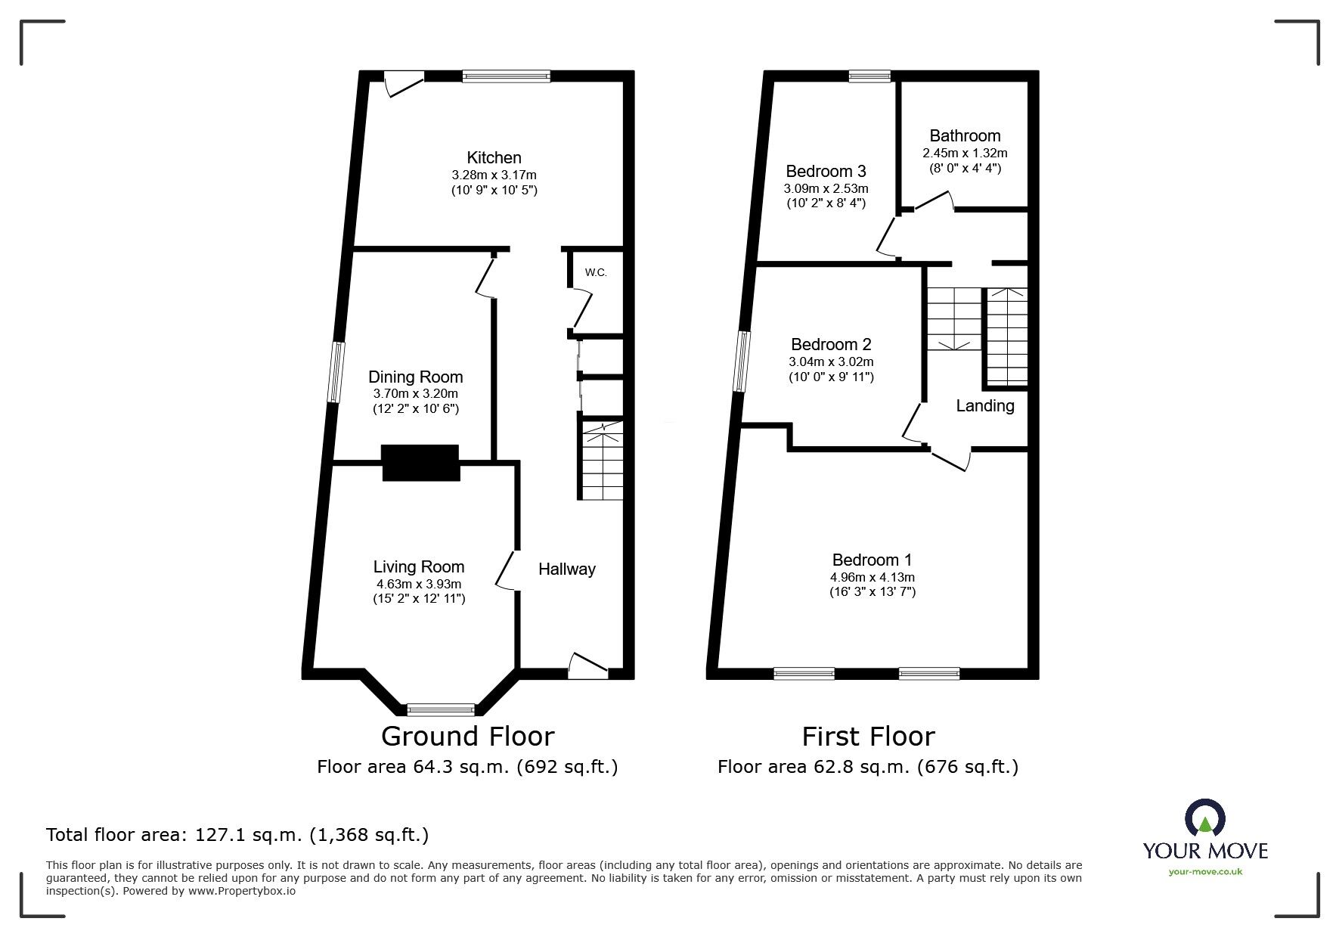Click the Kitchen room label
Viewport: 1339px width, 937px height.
coord(494,157)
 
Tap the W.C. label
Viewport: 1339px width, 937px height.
coord(596,272)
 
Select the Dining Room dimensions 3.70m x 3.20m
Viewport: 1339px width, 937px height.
coord(416,393)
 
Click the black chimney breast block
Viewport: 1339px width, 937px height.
coord(420,463)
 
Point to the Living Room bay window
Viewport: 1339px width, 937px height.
coord(441,709)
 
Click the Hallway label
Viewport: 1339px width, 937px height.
coord(567,569)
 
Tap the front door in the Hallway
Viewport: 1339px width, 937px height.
coord(589,665)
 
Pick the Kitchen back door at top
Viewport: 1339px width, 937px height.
coord(403,82)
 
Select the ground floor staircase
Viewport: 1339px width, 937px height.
coord(603,460)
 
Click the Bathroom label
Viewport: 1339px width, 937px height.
coord(965,136)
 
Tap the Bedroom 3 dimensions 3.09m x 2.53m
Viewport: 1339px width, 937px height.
coord(826,188)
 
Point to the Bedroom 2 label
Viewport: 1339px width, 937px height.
coord(831,344)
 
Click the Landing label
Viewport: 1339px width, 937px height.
coord(985,405)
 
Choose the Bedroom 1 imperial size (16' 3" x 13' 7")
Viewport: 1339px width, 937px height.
coord(873,591)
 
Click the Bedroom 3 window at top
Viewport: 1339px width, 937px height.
coord(869,76)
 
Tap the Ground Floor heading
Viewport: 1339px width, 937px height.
coord(468,736)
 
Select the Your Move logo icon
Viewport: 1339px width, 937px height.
coord(1205,821)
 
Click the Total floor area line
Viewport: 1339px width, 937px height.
coord(237,835)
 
